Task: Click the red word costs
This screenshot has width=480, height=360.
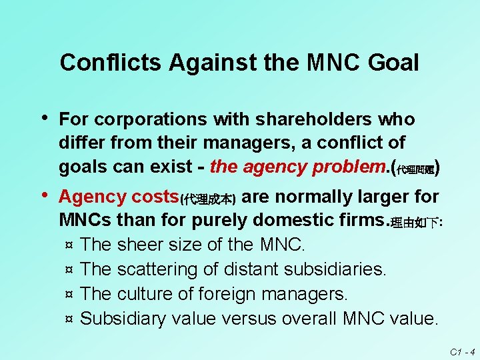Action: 155,197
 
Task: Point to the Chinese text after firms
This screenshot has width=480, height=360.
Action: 417,223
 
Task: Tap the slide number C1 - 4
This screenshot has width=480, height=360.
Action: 461,351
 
